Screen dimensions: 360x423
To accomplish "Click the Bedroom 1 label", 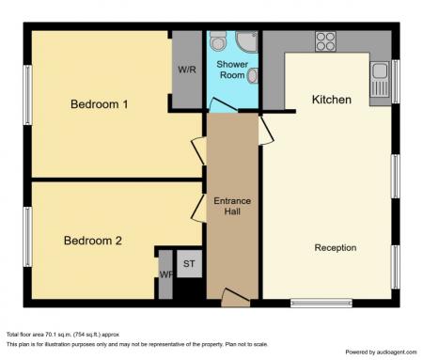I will click(x=100, y=104).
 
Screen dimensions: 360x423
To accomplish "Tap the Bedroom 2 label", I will click(x=93, y=241).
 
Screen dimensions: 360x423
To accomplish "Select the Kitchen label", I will click(x=331, y=100).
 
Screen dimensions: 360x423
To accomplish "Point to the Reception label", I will click(x=335, y=248).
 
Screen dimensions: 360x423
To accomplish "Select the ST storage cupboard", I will click(x=189, y=263).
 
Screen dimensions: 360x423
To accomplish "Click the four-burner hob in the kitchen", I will click(x=325, y=41).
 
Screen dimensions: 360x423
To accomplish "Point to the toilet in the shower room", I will click(x=218, y=43).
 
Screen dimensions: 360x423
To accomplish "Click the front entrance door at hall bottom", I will click(x=235, y=299).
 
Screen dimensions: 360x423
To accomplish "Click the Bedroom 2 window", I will click(x=27, y=236).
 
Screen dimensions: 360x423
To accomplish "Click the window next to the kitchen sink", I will click(x=395, y=81).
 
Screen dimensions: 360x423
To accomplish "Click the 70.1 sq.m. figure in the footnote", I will click(x=64, y=334).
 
